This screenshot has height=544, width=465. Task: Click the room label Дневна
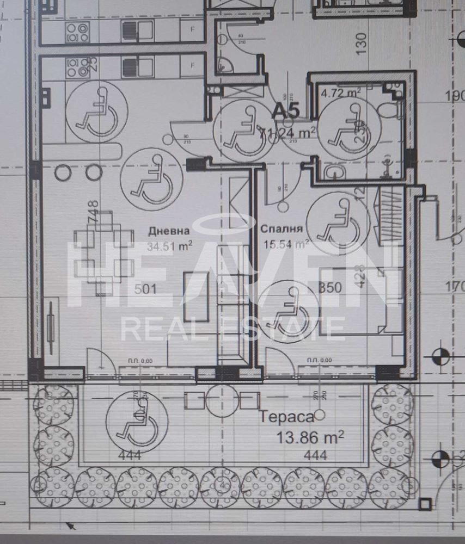pyautogui.click(x=169, y=231)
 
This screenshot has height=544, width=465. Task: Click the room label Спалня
pyautogui.click(x=282, y=229)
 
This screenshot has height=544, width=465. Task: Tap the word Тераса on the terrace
pyautogui.click(x=286, y=417)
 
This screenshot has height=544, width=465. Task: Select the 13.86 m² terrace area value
pyautogui.click(x=310, y=437)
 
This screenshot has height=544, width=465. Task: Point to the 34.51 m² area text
pyautogui.click(x=169, y=246)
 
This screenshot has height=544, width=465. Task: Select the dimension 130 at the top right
pyautogui.click(x=362, y=41)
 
